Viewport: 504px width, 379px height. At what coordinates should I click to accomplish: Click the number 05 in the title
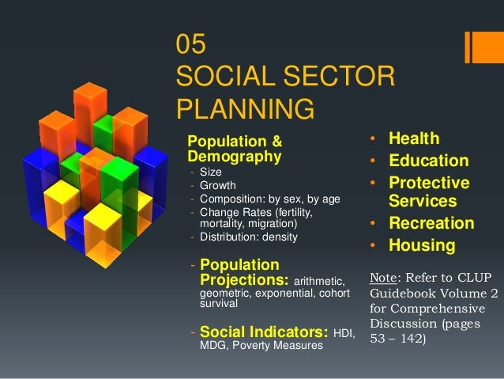194,45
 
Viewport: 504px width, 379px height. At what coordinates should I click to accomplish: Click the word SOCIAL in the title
224,76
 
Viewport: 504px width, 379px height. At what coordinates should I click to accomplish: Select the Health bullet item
413,139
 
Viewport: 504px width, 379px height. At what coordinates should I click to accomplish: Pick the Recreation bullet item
431,223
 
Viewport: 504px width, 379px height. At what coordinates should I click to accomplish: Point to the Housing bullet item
421,246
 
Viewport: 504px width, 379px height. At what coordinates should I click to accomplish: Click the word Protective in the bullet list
429,183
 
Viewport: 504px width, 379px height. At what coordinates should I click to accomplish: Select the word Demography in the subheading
233,157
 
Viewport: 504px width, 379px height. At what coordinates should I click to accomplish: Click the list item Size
211,173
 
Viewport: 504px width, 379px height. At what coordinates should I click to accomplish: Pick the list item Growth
218,186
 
